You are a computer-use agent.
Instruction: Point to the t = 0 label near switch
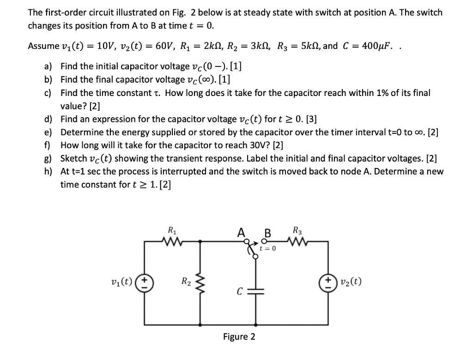(268, 249)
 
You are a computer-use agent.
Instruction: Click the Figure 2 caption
(239, 336)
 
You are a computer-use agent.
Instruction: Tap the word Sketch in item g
(73, 158)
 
